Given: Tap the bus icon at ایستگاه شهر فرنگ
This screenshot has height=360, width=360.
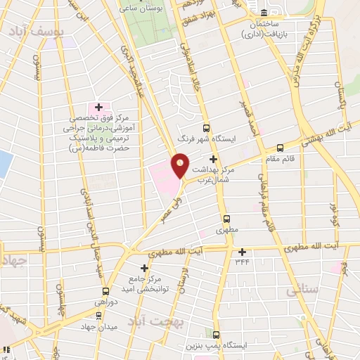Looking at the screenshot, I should [x=206, y=128].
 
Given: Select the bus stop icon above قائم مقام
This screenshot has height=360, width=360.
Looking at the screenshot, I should [x=281, y=148].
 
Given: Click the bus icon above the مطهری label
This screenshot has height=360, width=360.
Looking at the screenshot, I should [x=226, y=219].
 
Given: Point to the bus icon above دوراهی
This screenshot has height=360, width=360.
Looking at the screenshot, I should [x=105, y=291].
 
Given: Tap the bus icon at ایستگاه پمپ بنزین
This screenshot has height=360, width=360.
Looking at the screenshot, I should [x=216, y=335].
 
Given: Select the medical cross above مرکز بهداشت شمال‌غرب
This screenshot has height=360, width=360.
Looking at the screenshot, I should [x=212, y=160].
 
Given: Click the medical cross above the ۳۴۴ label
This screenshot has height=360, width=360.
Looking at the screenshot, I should [x=243, y=252].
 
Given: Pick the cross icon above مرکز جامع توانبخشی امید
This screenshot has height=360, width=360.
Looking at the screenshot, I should [x=145, y=268].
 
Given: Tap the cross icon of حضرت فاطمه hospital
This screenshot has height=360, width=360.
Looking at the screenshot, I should [x=99, y=106].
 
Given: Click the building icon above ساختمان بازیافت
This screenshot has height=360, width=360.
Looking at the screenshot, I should [x=264, y=13].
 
